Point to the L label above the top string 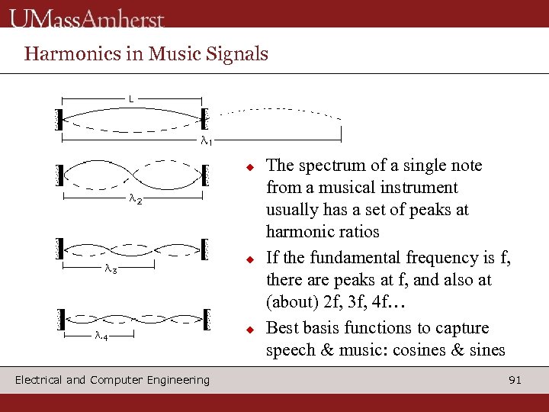pyautogui.click(x=131, y=99)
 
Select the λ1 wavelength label pyautogui.click(x=207, y=140)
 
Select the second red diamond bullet pyautogui.click(x=249, y=259)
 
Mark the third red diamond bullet pyautogui.click(x=249, y=330)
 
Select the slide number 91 pyautogui.click(x=515, y=379)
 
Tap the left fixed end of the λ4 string pyautogui.click(x=60, y=317)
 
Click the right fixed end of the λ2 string pyautogui.click(x=204, y=175)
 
